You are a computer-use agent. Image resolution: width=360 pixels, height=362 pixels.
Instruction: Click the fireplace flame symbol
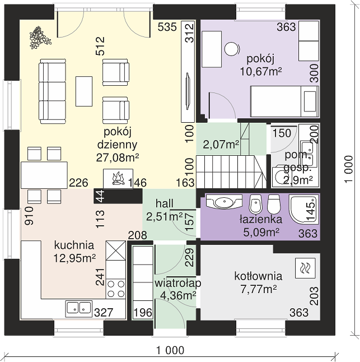[x=118, y=178]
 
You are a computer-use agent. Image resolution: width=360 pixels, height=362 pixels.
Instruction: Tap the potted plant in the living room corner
[x=40, y=38]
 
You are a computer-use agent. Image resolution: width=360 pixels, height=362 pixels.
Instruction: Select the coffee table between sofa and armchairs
[x=84, y=91]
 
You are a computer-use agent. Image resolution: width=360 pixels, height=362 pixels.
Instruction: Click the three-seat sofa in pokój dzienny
[x=53, y=91]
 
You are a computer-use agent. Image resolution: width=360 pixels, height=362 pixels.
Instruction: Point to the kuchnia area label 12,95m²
[x=74, y=258]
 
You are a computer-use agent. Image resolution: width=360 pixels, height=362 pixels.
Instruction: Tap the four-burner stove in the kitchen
[x=116, y=288]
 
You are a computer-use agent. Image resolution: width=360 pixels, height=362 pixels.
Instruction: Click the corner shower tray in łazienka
[x=303, y=210]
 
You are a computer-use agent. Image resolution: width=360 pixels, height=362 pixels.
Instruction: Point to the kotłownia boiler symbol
[x=305, y=268]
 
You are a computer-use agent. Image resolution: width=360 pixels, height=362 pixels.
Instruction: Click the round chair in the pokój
[x=232, y=49]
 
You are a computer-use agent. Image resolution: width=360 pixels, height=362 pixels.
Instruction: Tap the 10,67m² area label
[x=261, y=71]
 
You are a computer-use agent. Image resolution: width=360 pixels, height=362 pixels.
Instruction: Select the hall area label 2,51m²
[x=164, y=217]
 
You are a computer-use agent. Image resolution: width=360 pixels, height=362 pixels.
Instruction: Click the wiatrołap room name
[x=178, y=284]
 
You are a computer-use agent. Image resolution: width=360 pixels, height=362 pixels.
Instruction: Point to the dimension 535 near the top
[x=167, y=27]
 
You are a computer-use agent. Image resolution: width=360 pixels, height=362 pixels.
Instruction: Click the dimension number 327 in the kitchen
[x=104, y=313]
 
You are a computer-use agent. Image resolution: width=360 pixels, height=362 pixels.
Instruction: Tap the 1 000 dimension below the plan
[x=170, y=350]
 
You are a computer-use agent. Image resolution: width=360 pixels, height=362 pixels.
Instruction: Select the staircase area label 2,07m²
[x=221, y=145]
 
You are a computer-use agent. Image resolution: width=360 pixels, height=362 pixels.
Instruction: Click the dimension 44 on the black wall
[x=100, y=196]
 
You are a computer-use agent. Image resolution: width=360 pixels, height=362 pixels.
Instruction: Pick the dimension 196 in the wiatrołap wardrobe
[x=143, y=313]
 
